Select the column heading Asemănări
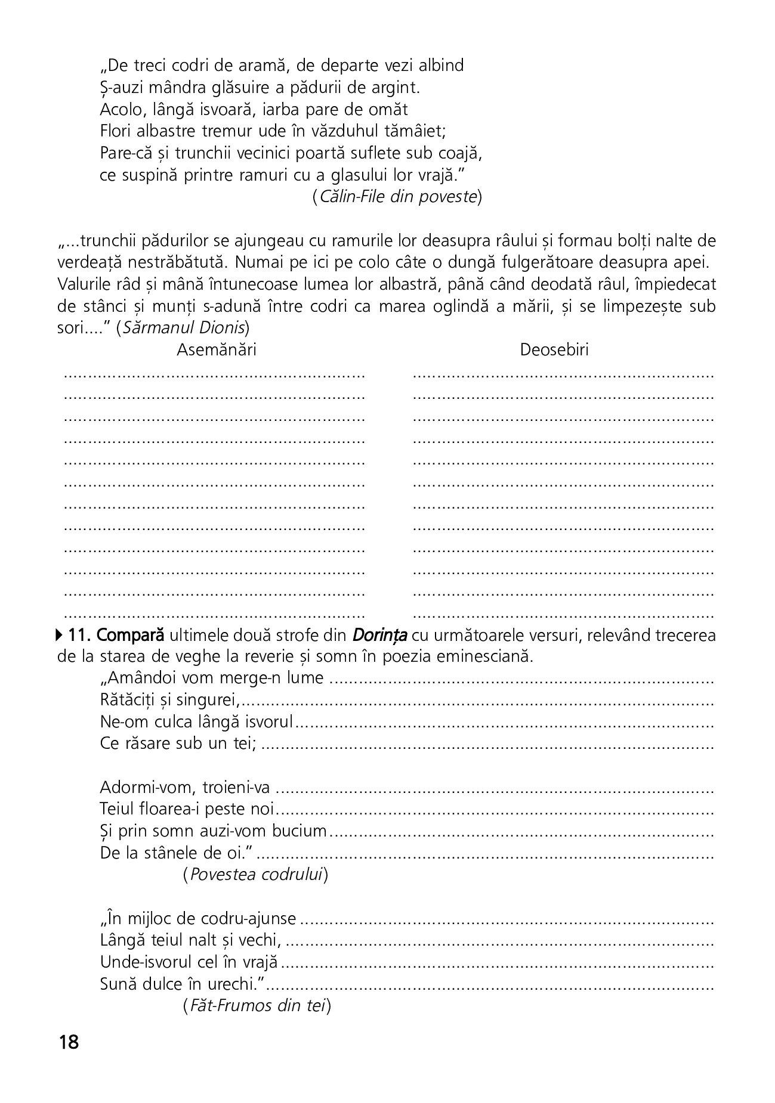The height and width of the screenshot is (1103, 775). click(217, 350)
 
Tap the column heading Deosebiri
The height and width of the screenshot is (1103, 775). click(554, 350)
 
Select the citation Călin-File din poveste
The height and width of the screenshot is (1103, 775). click(397, 197)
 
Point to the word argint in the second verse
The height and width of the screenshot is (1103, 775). click(396, 88)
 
